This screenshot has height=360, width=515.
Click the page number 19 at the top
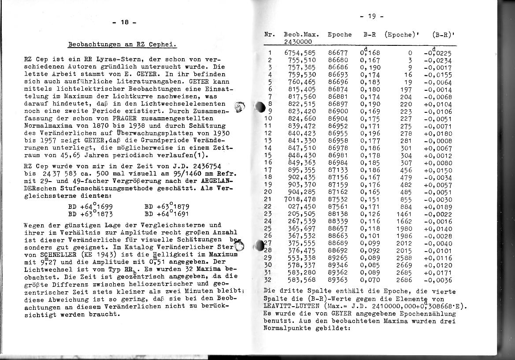pos(371,16)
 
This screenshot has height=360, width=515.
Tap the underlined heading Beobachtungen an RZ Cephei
pos(123,44)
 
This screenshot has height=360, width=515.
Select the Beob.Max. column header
pos(298,34)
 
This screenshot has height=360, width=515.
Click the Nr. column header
pos(270,34)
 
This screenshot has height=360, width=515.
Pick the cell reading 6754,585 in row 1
pos(300,53)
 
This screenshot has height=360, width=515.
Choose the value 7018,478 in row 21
pos(300,200)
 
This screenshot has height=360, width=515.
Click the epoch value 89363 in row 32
pos(338,280)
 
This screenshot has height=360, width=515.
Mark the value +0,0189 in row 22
pos(438,207)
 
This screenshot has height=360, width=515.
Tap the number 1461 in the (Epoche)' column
pos(404,214)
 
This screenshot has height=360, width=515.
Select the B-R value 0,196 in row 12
pos(370,134)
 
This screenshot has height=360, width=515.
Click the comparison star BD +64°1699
pos(91,206)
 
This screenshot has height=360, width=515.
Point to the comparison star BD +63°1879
pos(167,206)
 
